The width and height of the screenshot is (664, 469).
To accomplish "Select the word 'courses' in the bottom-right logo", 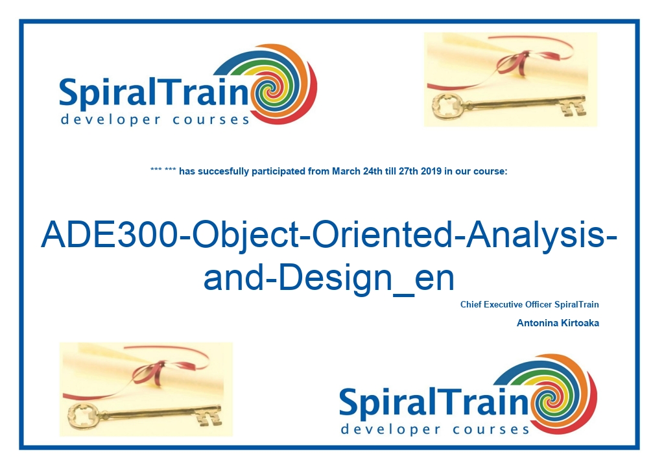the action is tap(491, 429).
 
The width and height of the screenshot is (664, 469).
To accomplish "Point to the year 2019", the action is tap(431, 171).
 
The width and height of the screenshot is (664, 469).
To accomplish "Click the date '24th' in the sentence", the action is tap(373, 171).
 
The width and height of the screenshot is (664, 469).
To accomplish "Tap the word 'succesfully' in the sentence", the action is tap(223, 172).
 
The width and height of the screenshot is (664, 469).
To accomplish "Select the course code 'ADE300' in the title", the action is tap(110, 234).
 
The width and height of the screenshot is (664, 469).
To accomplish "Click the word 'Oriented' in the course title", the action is tap(383, 234).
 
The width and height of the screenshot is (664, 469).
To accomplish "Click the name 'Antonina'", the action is tap(537, 323).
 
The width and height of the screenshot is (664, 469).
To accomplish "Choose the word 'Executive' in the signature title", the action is tap(503, 305).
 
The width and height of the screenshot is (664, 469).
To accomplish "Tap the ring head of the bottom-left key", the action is tap(82, 415).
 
